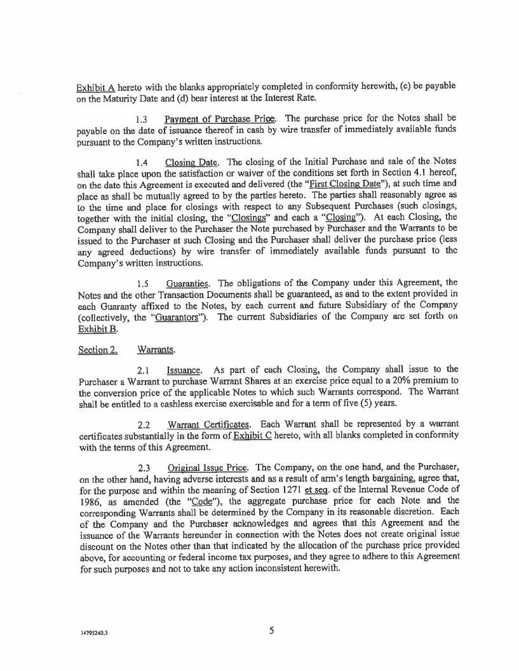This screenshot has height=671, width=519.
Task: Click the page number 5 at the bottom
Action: tap(271, 630)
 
